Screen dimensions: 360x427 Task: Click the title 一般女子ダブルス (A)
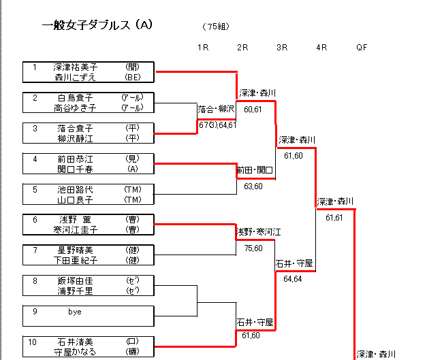pos(97,25)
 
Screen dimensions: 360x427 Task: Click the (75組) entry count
pos(216,27)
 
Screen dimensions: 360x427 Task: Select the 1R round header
pos(203,47)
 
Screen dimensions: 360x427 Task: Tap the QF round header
pos(362,47)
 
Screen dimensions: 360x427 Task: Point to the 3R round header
pos(282,47)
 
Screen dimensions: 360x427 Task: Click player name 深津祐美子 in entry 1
pos(76,67)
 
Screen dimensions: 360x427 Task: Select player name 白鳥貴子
pos(75,97)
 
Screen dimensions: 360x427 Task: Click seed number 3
pos(35,127)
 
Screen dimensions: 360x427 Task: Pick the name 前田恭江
pos(75,159)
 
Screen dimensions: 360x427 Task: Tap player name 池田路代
pos(75,189)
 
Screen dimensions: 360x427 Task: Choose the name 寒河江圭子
pos(76,229)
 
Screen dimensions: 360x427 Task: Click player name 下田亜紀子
pos(76,260)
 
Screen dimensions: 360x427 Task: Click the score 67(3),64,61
pos(217,125)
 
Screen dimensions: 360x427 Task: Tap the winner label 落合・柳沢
pos(216,109)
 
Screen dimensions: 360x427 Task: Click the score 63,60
pos(253,186)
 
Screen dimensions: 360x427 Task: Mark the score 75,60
pos(253,248)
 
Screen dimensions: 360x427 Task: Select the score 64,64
pos(293,278)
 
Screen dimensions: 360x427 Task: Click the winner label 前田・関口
pos(255,170)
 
